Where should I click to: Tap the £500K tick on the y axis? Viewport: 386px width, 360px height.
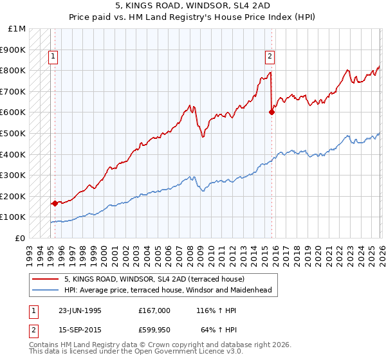13,133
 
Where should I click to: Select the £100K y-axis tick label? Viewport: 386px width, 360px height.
13,217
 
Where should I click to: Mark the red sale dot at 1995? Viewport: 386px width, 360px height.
55,203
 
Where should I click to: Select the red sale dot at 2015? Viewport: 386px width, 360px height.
271,112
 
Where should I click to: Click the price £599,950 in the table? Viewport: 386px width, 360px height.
154,331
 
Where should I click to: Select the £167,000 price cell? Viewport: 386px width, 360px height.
154,310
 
